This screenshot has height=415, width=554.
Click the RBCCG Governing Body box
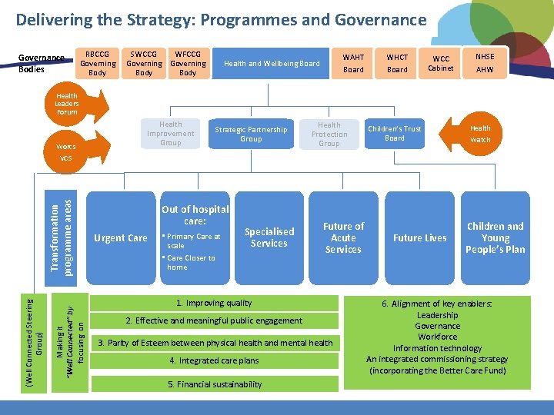(97, 64)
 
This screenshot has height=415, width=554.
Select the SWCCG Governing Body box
(144, 64)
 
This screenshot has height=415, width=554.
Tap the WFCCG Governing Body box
(188, 64)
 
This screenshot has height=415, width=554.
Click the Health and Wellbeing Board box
(272, 64)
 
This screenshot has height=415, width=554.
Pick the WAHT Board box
(353, 64)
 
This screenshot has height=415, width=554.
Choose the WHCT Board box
(397, 64)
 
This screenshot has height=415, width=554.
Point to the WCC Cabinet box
(441, 64)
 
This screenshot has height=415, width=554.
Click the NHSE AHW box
(485, 64)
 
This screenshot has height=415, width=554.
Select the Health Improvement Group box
(171, 134)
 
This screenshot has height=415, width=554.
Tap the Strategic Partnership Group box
(251, 134)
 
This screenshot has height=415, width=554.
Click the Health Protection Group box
(329, 134)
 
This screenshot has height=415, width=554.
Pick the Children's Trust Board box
(395, 134)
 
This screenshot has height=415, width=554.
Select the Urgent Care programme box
(120, 238)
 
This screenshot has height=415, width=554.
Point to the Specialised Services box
(269, 237)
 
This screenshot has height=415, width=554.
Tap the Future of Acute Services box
(343, 238)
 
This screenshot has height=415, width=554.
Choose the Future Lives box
(419, 238)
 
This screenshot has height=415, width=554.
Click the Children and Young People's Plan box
(495, 238)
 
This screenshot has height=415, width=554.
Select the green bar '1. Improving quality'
(214, 303)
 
